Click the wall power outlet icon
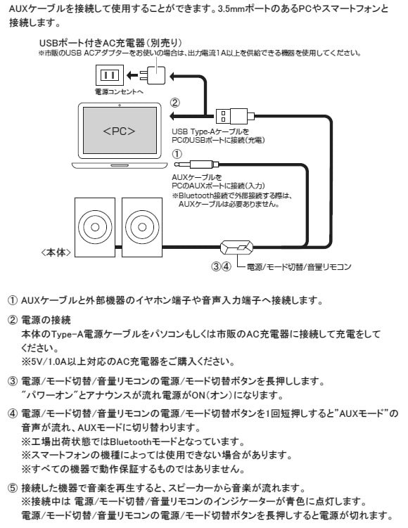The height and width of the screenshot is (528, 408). [x=110, y=75]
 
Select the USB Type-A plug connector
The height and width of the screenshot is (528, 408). [x=231, y=117]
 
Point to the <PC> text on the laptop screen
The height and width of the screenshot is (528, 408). [x=119, y=131]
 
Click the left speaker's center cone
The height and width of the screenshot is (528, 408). [x=95, y=227]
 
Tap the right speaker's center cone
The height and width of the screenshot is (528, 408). [x=142, y=227]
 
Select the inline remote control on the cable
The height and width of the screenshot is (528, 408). [x=236, y=247]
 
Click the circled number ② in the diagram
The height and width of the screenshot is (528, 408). [x=175, y=103]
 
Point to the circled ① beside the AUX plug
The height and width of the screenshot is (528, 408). [x=177, y=154]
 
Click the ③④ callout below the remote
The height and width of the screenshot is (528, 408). [x=222, y=266]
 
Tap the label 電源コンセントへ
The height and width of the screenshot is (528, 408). [x=119, y=91]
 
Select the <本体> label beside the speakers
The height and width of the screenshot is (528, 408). [x=56, y=252]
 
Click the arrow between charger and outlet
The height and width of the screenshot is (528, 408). [x=133, y=75]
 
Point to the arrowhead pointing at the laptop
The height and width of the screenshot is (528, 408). [x=172, y=117]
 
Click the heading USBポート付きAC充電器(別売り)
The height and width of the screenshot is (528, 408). [x=110, y=43]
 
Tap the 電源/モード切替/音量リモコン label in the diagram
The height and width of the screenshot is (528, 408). [x=299, y=267]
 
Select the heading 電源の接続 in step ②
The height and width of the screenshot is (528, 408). [x=46, y=320]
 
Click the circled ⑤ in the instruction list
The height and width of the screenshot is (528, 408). [x=13, y=488]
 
